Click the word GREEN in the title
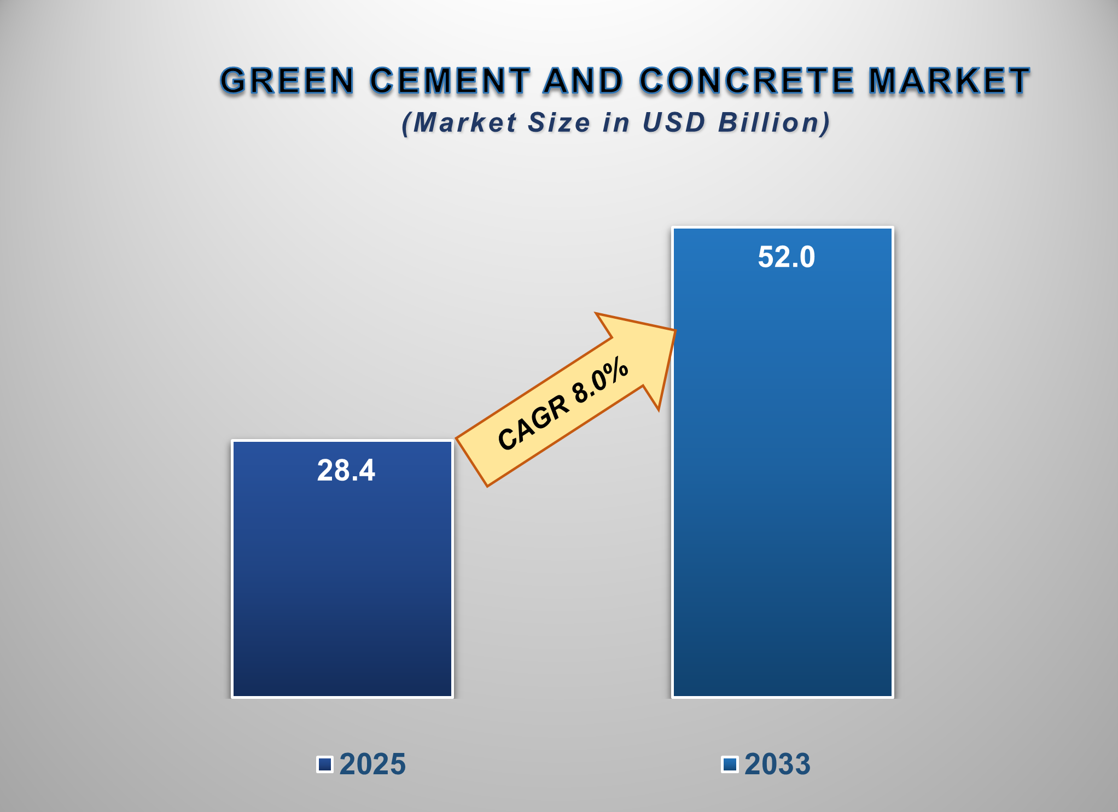[288, 81]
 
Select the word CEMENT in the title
[450, 81]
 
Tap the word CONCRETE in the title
[746, 81]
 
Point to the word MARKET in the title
[949, 81]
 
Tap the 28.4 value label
[346, 470]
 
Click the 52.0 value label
[786, 257]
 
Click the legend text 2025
[372, 764]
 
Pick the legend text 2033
[777, 764]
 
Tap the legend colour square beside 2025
[325, 764]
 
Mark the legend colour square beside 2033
[730, 764]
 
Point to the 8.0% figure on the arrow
[601, 378]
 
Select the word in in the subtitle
[616, 122]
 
